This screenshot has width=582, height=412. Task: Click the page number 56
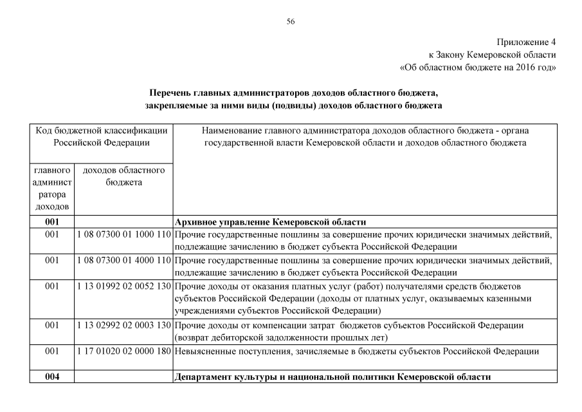point(291,21)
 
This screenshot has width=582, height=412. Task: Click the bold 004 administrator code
point(52,377)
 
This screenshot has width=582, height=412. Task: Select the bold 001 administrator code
point(52,221)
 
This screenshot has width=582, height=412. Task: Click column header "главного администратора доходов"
point(52,189)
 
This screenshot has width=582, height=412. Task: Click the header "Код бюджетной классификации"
point(102,131)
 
